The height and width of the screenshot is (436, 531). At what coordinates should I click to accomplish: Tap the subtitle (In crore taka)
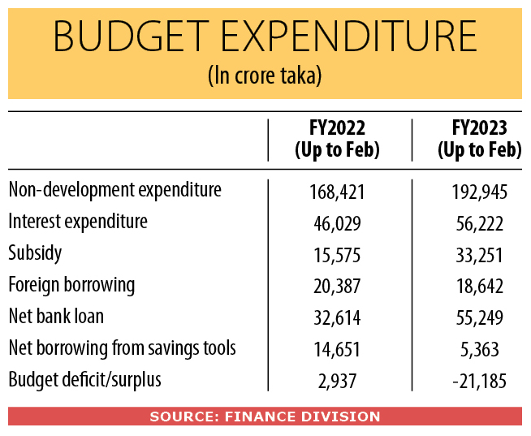pos(265,77)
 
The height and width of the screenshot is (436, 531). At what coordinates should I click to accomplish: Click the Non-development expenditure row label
pos(114,190)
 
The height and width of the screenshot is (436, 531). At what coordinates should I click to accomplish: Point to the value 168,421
pos(337,192)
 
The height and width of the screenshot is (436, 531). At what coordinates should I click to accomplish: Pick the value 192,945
pos(479,192)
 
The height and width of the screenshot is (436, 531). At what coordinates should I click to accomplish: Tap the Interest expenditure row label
pos(78,222)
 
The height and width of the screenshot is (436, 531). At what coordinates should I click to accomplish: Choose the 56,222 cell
pos(479,223)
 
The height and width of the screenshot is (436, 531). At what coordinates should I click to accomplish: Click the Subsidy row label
pos(35,253)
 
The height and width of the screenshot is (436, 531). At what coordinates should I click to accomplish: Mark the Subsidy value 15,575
pos(337,255)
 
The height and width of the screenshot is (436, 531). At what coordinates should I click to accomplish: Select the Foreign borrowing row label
pos(71,285)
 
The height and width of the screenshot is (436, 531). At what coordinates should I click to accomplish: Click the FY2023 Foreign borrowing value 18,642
pos(479,287)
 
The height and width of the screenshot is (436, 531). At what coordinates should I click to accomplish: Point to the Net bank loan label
pos(56,317)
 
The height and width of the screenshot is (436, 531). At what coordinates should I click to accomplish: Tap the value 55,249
pos(479,318)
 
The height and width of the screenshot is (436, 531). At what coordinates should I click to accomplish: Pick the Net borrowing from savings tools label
pos(122,348)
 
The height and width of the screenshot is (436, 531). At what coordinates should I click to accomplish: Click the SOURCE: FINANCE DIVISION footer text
pos(265,417)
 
